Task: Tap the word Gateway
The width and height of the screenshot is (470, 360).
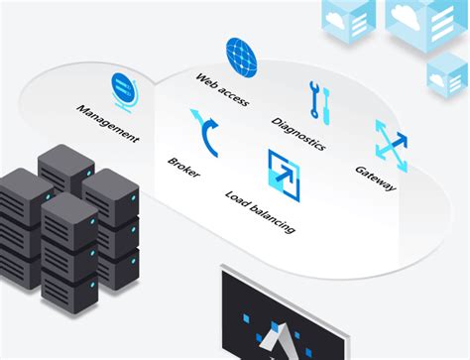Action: tap(375, 178)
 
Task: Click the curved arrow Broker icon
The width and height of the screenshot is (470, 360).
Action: tap(207, 131)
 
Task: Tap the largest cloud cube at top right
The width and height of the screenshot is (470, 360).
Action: tap(424, 22)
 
